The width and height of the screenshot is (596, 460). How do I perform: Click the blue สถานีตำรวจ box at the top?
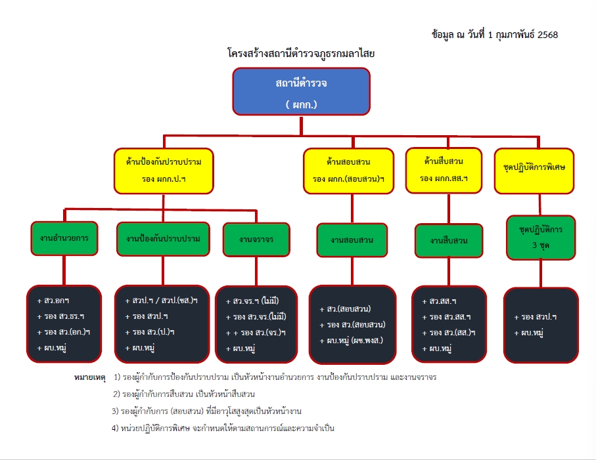coord(302,91)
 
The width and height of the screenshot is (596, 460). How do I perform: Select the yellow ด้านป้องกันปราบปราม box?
coord(164,170)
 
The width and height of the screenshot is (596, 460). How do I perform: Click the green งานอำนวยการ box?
coord(64,238)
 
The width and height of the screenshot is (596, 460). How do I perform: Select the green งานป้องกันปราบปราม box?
coord(163,239)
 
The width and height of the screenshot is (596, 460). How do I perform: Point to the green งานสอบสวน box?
coord(352,240)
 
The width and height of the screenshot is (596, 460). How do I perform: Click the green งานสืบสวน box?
coord(449,241)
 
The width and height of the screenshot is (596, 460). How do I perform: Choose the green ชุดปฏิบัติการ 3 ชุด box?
coord(541,238)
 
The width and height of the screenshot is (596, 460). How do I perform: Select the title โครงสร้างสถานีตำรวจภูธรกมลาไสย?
coord(301,54)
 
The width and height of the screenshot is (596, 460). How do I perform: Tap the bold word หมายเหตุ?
coord(90,378)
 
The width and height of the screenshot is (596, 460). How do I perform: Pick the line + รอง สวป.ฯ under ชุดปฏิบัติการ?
coord(535,317)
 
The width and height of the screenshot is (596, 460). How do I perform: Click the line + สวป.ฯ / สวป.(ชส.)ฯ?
coord(161,301)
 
